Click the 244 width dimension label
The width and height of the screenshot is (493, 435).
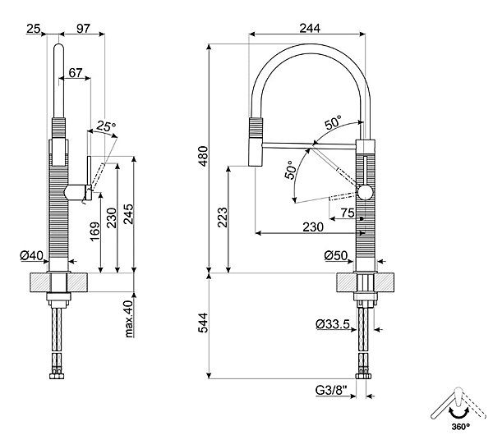[x=310, y=28]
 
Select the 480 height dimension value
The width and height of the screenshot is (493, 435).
[x=204, y=156]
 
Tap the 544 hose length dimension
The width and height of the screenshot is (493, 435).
[x=204, y=323]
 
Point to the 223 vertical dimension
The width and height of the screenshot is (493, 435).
[x=222, y=217]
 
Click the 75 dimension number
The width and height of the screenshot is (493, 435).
[x=348, y=213]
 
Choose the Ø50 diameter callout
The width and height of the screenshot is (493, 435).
[x=336, y=255]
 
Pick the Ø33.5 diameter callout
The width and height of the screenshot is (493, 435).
[x=333, y=324]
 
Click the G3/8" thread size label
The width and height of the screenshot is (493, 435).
[x=331, y=391]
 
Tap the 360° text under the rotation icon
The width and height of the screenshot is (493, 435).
[x=461, y=427]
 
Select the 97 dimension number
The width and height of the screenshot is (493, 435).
[x=83, y=29]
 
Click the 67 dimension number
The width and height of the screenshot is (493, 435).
[x=76, y=73]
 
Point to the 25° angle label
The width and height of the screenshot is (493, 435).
[x=106, y=126]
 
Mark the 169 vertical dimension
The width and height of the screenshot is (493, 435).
[x=94, y=231]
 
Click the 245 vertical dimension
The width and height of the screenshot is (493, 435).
[x=128, y=214]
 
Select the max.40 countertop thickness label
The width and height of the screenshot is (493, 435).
[x=129, y=318]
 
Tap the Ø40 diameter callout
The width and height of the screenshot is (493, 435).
[x=31, y=255]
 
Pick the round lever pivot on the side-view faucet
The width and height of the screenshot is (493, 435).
[x=365, y=192]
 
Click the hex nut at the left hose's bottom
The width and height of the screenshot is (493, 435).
[x=57, y=376]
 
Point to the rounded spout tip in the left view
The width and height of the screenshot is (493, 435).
[x=59, y=48]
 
